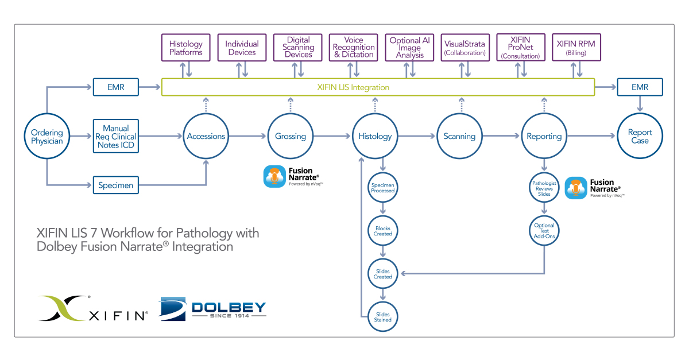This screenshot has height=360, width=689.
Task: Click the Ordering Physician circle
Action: coord(47,137)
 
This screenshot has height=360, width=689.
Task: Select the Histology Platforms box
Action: coord(185,48)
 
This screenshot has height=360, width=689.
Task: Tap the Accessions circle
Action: coord(206,136)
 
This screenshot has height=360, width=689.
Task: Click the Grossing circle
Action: coord(290,136)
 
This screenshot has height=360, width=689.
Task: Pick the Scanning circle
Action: coord(459,136)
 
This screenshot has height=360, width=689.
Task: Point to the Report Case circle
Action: coord(640,136)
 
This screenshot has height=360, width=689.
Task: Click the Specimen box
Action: coord(115,185)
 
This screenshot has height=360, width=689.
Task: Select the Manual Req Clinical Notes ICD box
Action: coord(115,137)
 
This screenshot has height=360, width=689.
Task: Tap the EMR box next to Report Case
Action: coord(640,88)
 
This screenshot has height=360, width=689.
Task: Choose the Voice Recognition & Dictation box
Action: coord(354,48)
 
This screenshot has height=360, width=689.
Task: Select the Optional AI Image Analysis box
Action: coord(409,48)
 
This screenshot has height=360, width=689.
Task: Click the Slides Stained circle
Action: coord(383,317)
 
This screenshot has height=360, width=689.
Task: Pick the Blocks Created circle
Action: coord(383,231)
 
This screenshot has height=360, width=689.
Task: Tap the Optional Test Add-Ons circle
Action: coord(544,231)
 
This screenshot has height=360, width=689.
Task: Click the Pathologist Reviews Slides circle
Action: coord(544,188)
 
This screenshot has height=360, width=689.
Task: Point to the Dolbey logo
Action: coord(213,308)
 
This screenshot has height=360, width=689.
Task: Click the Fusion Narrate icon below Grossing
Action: coord(274,177)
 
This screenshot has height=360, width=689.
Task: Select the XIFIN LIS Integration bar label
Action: coord(353,88)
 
